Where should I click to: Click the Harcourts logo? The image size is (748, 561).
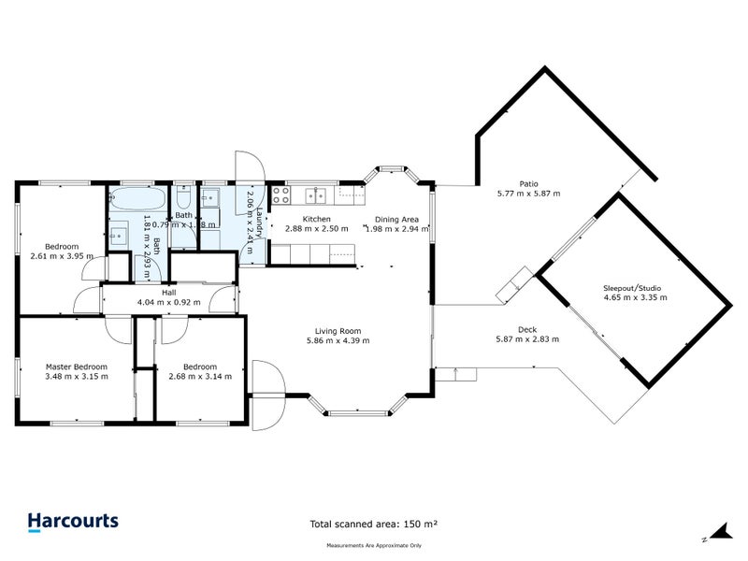point(73,521)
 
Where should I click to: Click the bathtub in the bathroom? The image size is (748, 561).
point(138,200)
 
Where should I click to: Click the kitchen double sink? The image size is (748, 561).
point(317,194)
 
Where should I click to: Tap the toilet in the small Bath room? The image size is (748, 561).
point(184,201)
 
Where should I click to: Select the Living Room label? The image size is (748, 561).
point(338,330)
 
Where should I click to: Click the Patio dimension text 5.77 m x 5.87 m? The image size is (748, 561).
point(528,194)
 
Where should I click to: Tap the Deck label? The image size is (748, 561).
point(527,329)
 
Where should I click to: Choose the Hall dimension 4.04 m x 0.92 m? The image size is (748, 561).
point(168,302)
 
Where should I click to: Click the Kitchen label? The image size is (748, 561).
point(315,219)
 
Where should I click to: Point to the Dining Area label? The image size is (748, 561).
point(397,219)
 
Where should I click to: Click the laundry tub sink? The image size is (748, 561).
point(211,196)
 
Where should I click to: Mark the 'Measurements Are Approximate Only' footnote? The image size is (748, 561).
point(374,545)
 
